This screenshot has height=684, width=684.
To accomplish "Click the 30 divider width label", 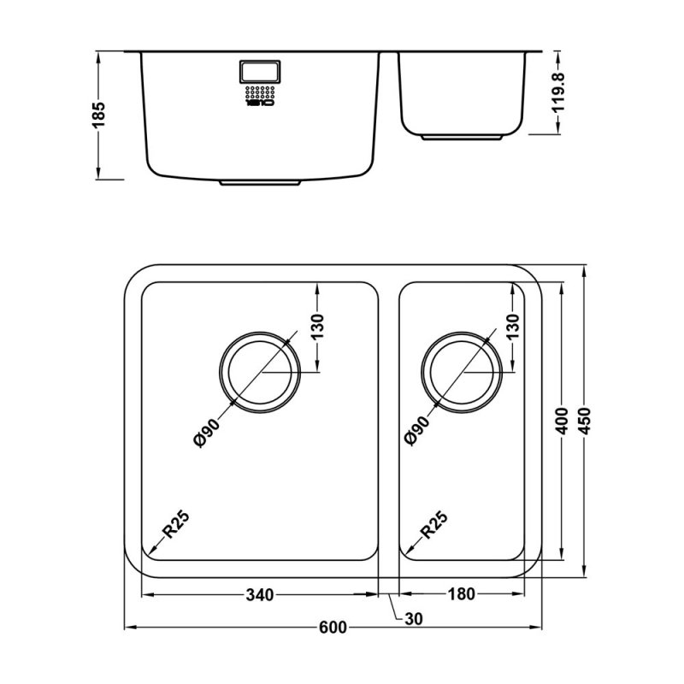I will pos(414,618).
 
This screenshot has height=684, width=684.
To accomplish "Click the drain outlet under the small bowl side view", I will pos(462,137).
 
